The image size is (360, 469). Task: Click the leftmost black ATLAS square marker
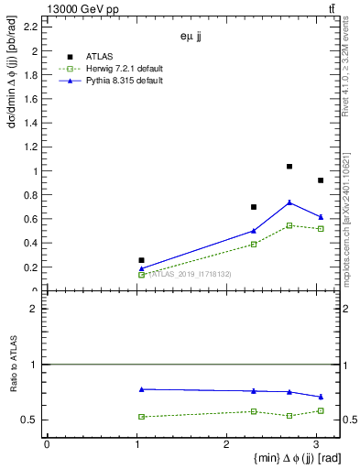[141, 260]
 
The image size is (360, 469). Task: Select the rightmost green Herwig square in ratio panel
[321, 410]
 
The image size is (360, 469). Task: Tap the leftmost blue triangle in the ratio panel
[141, 389]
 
